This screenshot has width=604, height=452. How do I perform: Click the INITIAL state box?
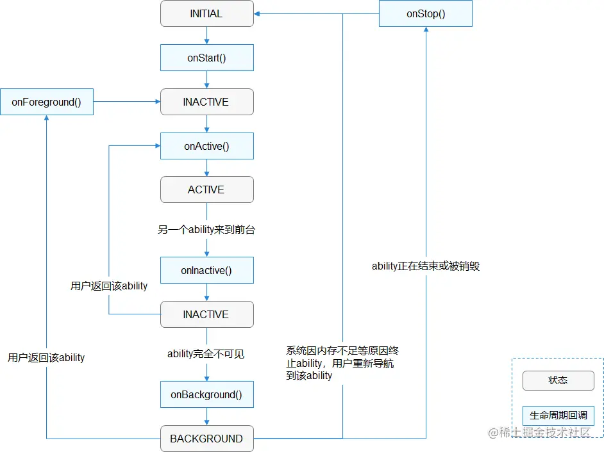coord(206,13)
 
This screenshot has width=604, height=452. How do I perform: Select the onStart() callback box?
coord(206,58)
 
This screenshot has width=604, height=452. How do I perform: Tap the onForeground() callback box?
coord(47,102)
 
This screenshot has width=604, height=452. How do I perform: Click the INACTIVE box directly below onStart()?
coord(206,102)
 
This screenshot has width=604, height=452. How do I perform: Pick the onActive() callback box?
coord(206,146)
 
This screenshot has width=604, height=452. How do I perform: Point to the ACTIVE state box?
coord(206,190)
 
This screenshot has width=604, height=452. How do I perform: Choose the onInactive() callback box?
coord(206,270)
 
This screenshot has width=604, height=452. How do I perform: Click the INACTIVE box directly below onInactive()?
coord(206,314)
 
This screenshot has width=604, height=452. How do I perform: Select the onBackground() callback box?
coord(206,394)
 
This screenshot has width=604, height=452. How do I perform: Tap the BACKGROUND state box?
coord(206,439)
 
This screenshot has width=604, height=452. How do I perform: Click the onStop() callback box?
coord(426,13)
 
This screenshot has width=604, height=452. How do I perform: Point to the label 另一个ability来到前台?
coord(206,229)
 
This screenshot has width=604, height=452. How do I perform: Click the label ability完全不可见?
coord(206,353)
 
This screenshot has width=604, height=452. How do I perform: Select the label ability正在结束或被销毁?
coord(426,266)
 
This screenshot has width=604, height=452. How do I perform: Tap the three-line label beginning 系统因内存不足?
coord(343,363)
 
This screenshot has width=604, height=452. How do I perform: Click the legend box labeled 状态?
coord(558,380)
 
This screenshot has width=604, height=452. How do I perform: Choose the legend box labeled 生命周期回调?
coord(558,415)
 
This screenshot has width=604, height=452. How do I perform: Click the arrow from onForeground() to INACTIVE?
coord(127,102)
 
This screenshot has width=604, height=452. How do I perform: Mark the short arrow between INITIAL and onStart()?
coord(206,35)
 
